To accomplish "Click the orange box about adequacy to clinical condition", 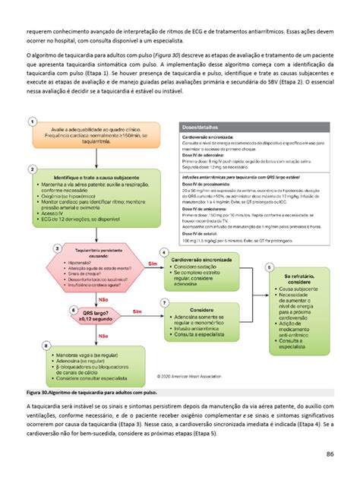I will tap(97, 136).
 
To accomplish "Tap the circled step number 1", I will tap(33, 122).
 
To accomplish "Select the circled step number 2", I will tap(33, 168).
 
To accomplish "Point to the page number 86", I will tap(330, 454).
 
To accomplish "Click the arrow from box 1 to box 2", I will tap(97, 158).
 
